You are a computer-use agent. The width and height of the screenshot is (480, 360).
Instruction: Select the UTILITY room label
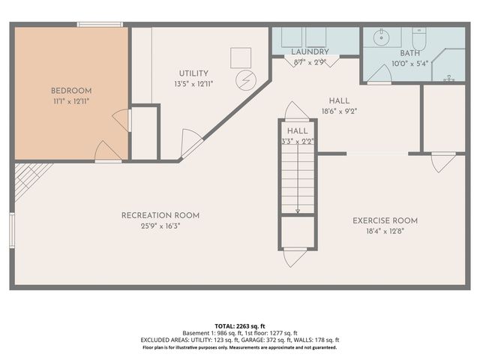193,73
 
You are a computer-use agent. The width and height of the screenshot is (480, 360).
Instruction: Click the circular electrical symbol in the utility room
245,79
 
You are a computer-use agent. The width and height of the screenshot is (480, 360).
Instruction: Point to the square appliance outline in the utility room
241,57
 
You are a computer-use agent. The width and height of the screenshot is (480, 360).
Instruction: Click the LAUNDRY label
309,52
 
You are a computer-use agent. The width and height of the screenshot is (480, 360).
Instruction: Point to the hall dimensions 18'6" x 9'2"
339,110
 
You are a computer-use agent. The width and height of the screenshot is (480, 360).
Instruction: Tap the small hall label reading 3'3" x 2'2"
297,140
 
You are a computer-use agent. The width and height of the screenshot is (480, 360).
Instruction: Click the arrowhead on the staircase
298,211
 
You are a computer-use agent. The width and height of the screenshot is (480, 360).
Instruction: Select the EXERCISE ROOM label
385,220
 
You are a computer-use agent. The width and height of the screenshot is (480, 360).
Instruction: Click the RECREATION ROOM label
160,215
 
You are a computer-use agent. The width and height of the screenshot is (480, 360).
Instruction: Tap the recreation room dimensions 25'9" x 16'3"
160,225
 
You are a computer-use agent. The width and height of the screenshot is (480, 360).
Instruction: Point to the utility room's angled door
190,142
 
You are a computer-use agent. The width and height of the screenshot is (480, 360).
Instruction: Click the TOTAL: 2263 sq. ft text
240,325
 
